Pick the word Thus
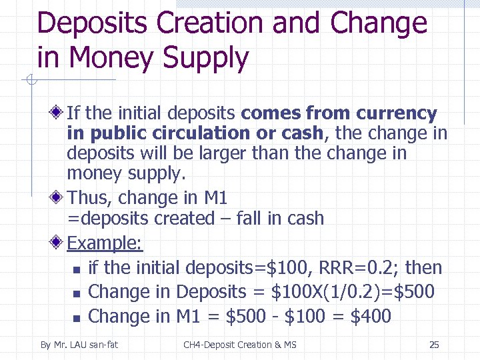[85, 198]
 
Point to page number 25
[434, 345]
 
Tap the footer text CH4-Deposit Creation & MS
[240, 345]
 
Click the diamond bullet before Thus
[59, 198]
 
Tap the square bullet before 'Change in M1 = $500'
[77, 317]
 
